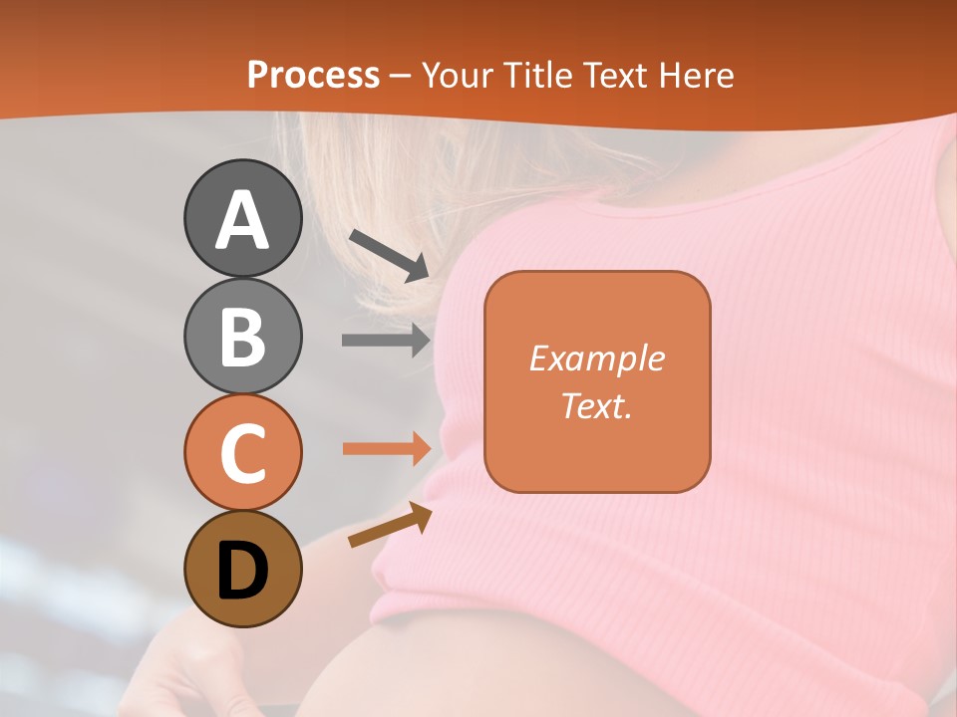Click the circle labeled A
click(x=242, y=218)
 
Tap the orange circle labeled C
click(x=242, y=452)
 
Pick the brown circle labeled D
click(x=242, y=569)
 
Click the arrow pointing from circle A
click(x=389, y=254)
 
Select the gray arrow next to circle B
click(x=386, y=340)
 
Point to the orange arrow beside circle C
click(x=386, y=448)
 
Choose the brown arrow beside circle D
click(x=390, y=525)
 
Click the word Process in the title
click(x=313, y=75)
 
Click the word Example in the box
click(x=596, y=358)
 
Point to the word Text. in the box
click(x=596, y=405)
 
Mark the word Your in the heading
click(x=459, y=75)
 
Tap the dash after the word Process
click(x=401, y=76)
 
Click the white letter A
click(x=242, y=220)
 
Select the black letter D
click(x=242, y=571)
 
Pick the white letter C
click(x=242, y=453)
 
